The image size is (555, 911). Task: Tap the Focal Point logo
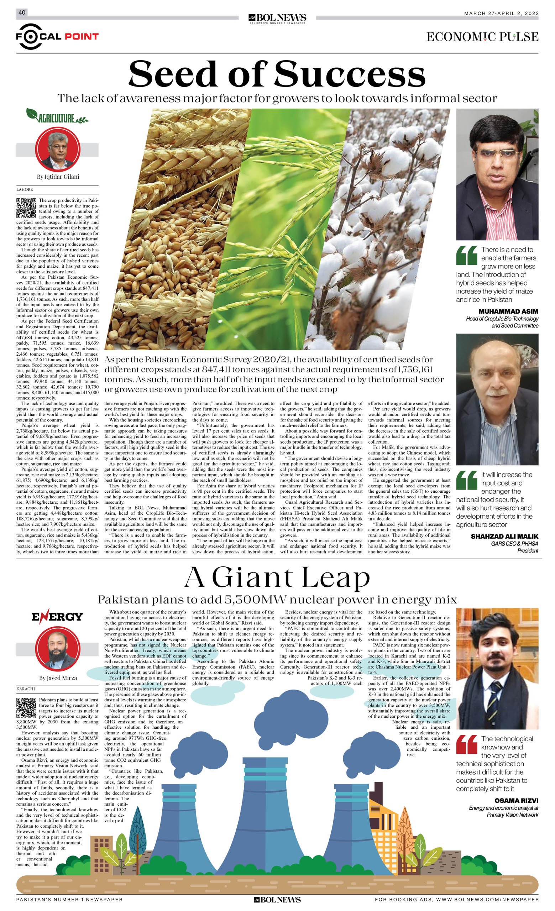click(x=57, y=36)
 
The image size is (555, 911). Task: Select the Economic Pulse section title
click(x=482, y=37)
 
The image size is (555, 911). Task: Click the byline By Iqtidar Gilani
click(x=57, y=177)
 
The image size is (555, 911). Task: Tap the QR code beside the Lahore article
click(x=26, y=208)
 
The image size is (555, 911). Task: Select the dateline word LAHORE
click(x=25, y=190)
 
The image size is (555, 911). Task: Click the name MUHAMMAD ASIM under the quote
click(x=508, y=311)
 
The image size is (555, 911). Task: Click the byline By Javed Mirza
click(x=58, y=678)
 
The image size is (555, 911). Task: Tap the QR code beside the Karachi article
click(x=26, y=708)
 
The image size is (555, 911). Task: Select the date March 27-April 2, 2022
click(x=501, y=14)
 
